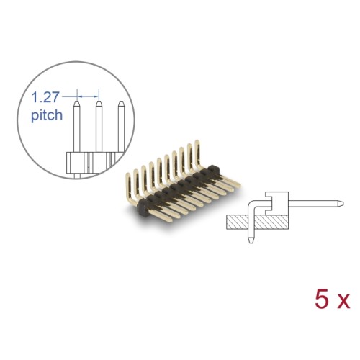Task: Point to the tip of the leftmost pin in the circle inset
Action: [77, 103]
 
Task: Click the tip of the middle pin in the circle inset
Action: [98, 103]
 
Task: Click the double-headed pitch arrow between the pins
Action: [87, 94]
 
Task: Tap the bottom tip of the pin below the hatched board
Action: [251, 243]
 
